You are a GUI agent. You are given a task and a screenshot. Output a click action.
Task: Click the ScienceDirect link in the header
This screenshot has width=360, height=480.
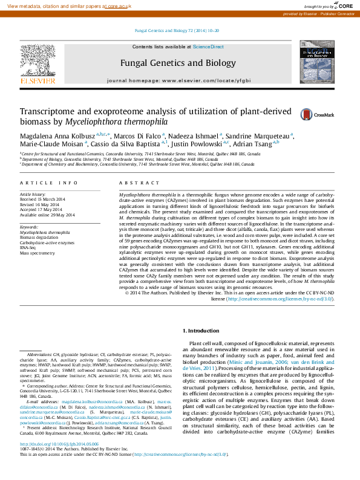click(208, 47)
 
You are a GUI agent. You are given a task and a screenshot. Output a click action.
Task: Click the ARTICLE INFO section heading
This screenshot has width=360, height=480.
click(48, 183)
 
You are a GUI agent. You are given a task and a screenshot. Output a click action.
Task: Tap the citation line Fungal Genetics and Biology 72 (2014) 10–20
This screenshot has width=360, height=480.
click(177, 30)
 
